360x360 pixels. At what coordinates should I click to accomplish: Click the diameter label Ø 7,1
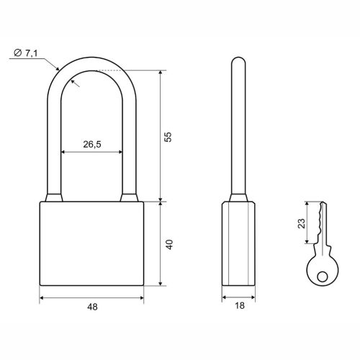[26, 53]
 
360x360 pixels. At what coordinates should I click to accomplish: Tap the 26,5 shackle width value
[92, 144]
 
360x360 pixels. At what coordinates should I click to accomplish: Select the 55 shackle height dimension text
[168, 137]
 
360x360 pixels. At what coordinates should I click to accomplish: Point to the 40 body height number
[169, 245]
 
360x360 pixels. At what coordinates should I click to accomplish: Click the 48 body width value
[92, 307]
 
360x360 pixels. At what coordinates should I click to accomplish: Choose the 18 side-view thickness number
[240, 305]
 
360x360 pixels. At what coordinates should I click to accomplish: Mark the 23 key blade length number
[302, 223]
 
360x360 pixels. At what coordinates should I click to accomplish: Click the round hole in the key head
[322, 276]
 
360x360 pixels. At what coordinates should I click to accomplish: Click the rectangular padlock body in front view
[91, 243]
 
